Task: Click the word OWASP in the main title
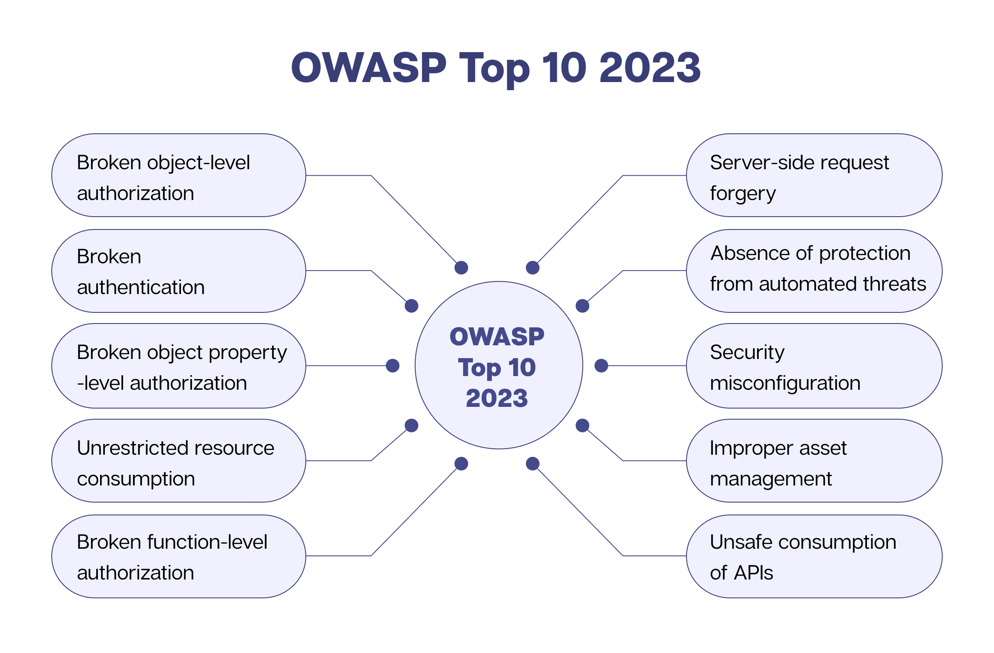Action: coord(369,68)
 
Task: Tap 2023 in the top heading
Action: coord(650,68)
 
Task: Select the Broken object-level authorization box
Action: coord(179,176)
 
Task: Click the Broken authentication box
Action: coord(179,271)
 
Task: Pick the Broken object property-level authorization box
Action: coord(179,366)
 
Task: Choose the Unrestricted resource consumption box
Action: coord(179,461)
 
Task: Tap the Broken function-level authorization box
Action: coord(179,556)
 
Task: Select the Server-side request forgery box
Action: coord(814,176)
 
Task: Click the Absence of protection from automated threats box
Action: coord(814,271)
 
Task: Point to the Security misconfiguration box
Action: coord(814,366)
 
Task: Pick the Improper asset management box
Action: coord(814,461)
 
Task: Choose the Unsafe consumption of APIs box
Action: coord(814,556)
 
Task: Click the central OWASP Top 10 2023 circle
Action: coord(499,365)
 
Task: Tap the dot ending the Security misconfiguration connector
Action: coord(601,366)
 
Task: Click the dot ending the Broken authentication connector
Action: coord(411,306)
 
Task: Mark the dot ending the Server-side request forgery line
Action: coord(532,268)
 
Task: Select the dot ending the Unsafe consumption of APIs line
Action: coord(532,464)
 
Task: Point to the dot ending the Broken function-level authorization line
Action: coord(461,464)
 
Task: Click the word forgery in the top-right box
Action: coord(743,194)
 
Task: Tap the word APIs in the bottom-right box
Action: coord(754,573)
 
